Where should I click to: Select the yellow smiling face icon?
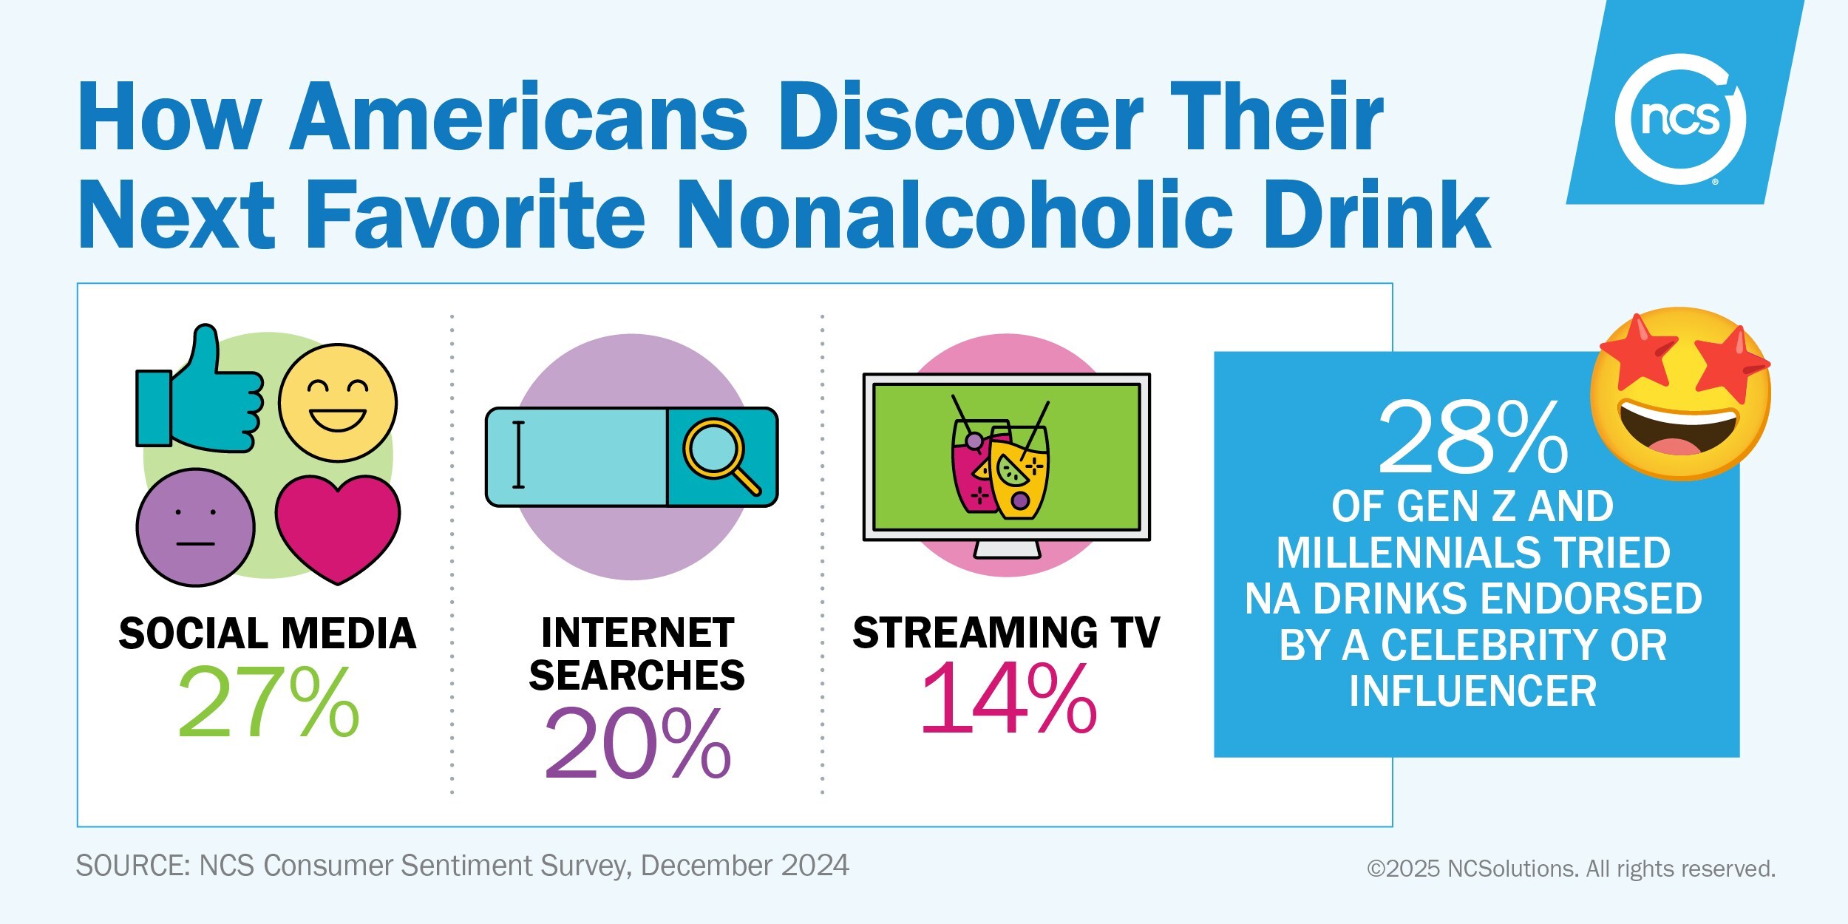[338, 403]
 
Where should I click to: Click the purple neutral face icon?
[196, 527]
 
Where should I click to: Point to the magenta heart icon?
[338, 525]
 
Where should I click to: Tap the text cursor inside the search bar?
[518, 455]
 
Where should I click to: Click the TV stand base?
[1007, 550]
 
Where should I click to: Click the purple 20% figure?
[637, 743]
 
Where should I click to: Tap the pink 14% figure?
[1008, 699]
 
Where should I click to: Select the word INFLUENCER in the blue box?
[1473, 690]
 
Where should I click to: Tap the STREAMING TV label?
[1006, 633]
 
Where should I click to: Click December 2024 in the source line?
[744, 865]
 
